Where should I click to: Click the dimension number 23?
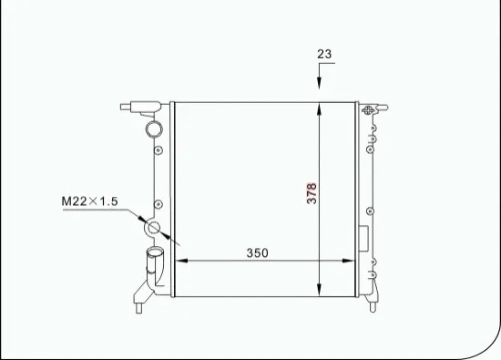coord(324,54)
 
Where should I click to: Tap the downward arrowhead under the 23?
coord(319,85)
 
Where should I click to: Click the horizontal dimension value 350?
coord(258,252)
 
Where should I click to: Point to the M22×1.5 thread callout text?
coord(90,201)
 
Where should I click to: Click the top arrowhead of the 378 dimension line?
coord(319,108)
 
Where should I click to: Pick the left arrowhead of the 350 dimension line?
coord(179,261)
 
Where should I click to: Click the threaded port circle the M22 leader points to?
coord(154,227)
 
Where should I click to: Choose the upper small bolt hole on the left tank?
coord(158,150)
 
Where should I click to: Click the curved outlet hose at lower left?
coord(152,265)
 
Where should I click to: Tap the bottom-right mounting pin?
coord(371,304)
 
